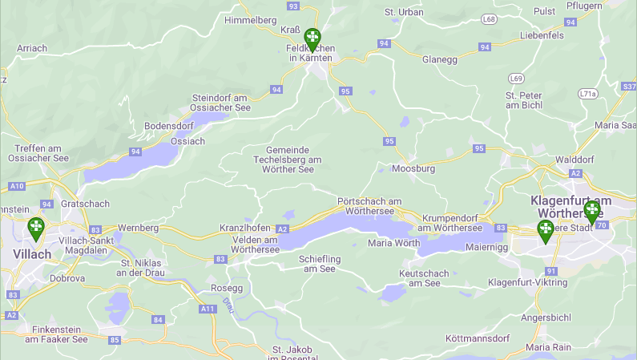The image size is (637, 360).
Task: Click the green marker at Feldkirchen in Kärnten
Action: [312, 38]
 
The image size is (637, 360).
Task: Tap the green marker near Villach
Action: [36, 229]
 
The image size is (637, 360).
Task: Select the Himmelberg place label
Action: [251, 20]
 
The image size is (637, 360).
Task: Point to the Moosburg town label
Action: [413, 169]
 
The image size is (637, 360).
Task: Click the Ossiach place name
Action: [188, 141]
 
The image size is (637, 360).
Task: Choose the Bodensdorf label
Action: [170, 127]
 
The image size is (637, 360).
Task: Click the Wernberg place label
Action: [138, 229]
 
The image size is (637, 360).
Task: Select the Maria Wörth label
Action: [393, 243]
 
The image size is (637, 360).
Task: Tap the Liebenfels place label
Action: [542, 35]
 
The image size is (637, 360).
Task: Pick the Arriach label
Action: [32, 49]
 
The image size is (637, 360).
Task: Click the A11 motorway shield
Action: [208, 309]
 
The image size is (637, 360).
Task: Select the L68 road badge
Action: [489, 18]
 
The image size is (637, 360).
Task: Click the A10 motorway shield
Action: [17, 186]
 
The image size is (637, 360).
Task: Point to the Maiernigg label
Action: [488, 248]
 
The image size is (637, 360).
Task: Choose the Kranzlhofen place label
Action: [246, 229]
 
